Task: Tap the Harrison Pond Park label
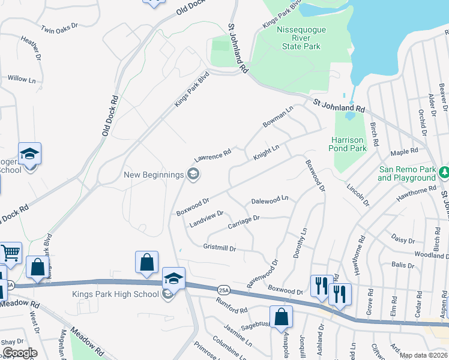[349, 144]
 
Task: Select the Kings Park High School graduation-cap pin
[173, 278]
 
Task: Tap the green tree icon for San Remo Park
[444, 173]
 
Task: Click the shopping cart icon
[10, 253]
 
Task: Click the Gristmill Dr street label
[220, 247]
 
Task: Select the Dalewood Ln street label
[270, 199]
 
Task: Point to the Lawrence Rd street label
[212, 157]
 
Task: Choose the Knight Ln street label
[267, 152]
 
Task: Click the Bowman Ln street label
[277, 117]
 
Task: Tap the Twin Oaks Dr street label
[60, 28]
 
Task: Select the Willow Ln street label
[22, 79]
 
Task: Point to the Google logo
[20, 353]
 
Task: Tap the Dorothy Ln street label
[300, 243]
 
